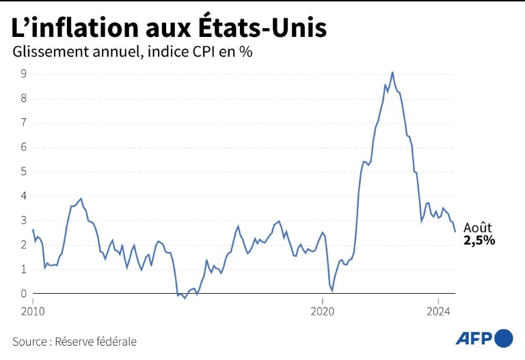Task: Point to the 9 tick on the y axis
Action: [x=23, y=74]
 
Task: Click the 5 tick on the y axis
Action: [x=23, y=171]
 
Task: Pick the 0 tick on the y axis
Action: [x=23, y=294]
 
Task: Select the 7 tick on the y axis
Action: [x=23, y=123]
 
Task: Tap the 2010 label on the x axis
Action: [x=33, y=311]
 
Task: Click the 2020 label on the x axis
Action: [x=323, y=311]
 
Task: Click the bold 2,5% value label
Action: [x=479, y=240]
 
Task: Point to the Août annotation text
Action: [x=477, y=227]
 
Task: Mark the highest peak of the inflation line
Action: [x=392, y=72]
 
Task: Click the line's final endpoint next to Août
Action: [x=455, y=232]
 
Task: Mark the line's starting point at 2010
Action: [x=33, y=230]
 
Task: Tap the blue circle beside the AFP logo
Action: [x=503, y=338]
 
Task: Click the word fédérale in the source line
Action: [x=116, y=341]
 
